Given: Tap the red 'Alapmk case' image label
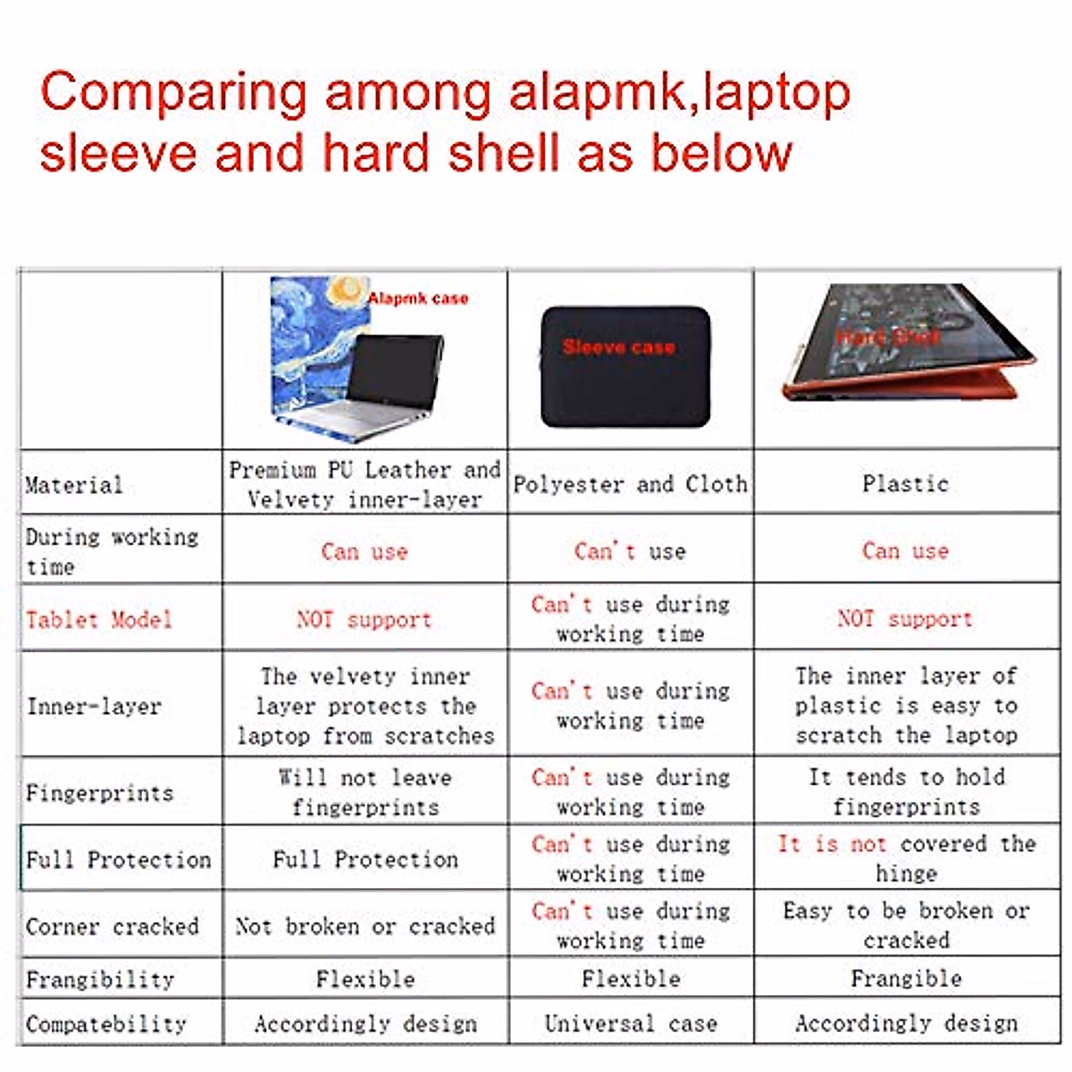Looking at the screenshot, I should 418,298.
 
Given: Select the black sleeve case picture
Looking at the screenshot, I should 625,366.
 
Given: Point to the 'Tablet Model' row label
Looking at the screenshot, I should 98,619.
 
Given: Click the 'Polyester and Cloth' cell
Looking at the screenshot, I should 630,483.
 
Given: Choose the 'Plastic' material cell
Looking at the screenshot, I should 905,483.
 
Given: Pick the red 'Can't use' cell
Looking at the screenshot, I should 630,550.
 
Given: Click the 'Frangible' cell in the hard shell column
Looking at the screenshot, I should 906,978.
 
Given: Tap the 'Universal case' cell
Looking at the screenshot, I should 631,1023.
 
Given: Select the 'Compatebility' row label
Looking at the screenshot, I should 105,1024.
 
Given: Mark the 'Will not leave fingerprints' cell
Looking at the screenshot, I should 364,792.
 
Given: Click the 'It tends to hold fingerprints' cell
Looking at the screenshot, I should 906,792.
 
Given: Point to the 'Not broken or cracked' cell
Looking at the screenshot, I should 364,925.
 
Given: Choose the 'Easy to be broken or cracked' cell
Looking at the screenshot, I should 906,925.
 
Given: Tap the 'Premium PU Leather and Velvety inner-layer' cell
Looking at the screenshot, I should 364,483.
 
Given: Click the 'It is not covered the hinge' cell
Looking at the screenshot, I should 906,858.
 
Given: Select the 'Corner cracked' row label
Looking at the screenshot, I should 112,925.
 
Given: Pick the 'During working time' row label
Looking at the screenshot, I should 112,550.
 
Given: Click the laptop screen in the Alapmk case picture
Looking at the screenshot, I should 393,371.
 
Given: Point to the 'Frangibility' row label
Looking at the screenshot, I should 99,978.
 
